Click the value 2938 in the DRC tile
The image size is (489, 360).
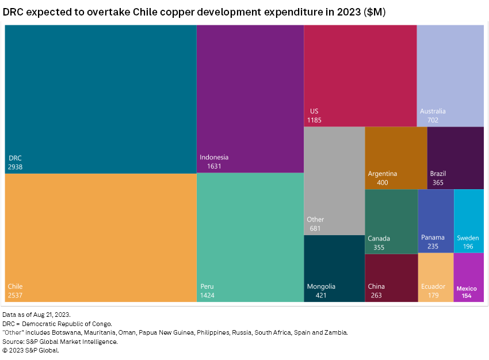pos(16,167)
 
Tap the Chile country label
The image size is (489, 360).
pos(16,286)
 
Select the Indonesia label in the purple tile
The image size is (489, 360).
pos(214,158)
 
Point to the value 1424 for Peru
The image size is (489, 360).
pos(208,296)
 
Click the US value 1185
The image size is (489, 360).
pos(314,120)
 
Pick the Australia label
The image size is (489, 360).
pos(433,112)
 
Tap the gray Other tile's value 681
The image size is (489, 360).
pos(314,228)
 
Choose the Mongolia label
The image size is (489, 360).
pos(321,286)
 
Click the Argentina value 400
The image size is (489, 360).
pos(383,183)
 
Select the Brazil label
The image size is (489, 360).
pos(438,174)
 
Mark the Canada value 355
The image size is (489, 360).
pos(379,247)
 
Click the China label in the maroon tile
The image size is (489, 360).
pos(376,286)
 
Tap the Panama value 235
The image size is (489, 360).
pos(433,246)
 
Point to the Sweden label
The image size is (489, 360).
pos(468,238)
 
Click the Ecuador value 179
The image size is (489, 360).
pos(433,296)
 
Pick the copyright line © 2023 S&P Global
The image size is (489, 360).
pos(30,350)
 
